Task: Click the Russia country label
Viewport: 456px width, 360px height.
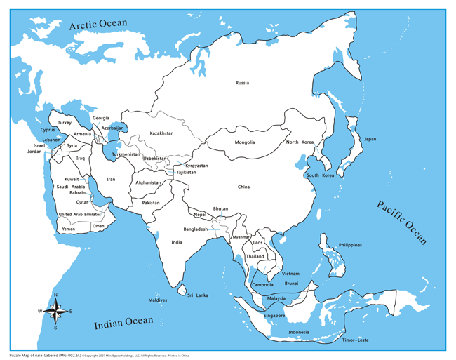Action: coord(242,83)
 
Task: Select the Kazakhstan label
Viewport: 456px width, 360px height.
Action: coord(161,133)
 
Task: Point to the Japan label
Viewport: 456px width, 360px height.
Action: coord(369,139)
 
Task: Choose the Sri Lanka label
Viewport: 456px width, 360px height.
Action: coord(198,295)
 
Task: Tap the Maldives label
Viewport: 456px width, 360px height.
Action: coord(158,300)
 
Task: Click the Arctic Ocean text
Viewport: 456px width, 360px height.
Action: coord(98,25)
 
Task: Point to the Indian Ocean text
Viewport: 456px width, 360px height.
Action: coord(123,322)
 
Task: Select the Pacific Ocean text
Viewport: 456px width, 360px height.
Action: coord(401,222)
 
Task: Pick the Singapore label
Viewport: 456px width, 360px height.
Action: coord(274,316)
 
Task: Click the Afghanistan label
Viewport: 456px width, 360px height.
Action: coord(148,182)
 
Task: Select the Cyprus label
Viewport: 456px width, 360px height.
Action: coord(48,129)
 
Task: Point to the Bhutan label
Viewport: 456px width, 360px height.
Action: coord(220,208)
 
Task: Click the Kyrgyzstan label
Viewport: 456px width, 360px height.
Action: coord(196,166)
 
